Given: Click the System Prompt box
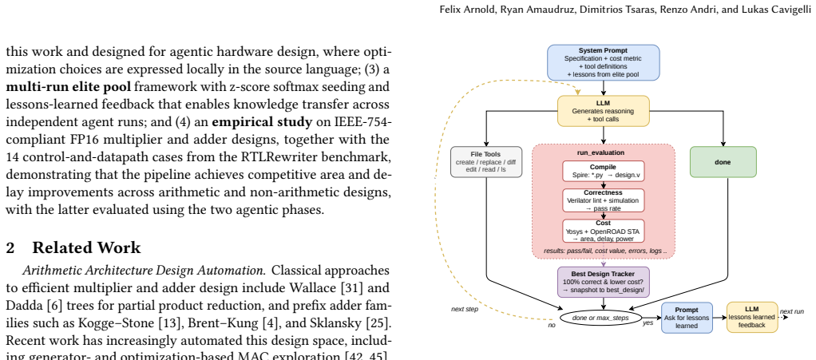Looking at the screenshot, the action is [x=603, y=62].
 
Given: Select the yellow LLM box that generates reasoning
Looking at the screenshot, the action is [x=603, y=111].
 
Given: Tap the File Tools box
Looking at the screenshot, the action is [x=486, y=162].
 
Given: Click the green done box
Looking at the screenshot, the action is [x=723, y=162].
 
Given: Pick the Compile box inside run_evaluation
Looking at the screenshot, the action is [x=603, y=171].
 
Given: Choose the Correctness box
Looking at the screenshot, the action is [x=603, y=200].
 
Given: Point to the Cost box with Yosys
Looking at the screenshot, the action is [x=603, y=231].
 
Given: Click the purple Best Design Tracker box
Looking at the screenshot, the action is [x=603, y=282].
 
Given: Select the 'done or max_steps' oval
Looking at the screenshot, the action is [x=600, y=318].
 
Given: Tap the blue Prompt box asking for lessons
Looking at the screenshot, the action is [x=687, y=318].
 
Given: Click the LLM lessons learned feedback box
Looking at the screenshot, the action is [x=752, y=318].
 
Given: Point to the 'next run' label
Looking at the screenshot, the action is [x=791, y=311].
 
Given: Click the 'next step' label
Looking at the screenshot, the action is [x=464, y=309].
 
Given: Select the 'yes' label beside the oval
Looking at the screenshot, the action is [x=648, y=322].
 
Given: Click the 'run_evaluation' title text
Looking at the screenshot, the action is [x=601, y=152].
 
